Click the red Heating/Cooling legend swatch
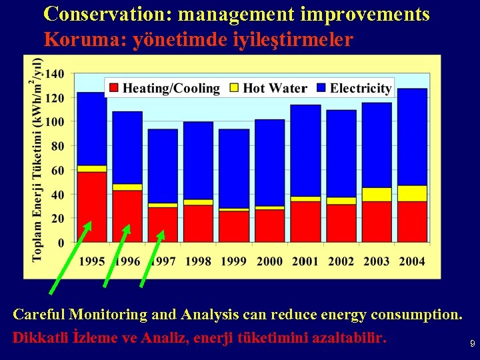[113, 88]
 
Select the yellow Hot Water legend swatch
[234, 88]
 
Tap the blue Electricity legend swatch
[321, 88]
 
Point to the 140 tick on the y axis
[55, 73]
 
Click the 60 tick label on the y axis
[58, 171]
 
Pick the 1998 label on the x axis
[198, 261]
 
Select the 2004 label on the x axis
[411, 261]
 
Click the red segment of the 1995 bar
[92, 207]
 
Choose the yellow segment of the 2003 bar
[377, 195]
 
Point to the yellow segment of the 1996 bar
[127, 187]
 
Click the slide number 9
[472, 344]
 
